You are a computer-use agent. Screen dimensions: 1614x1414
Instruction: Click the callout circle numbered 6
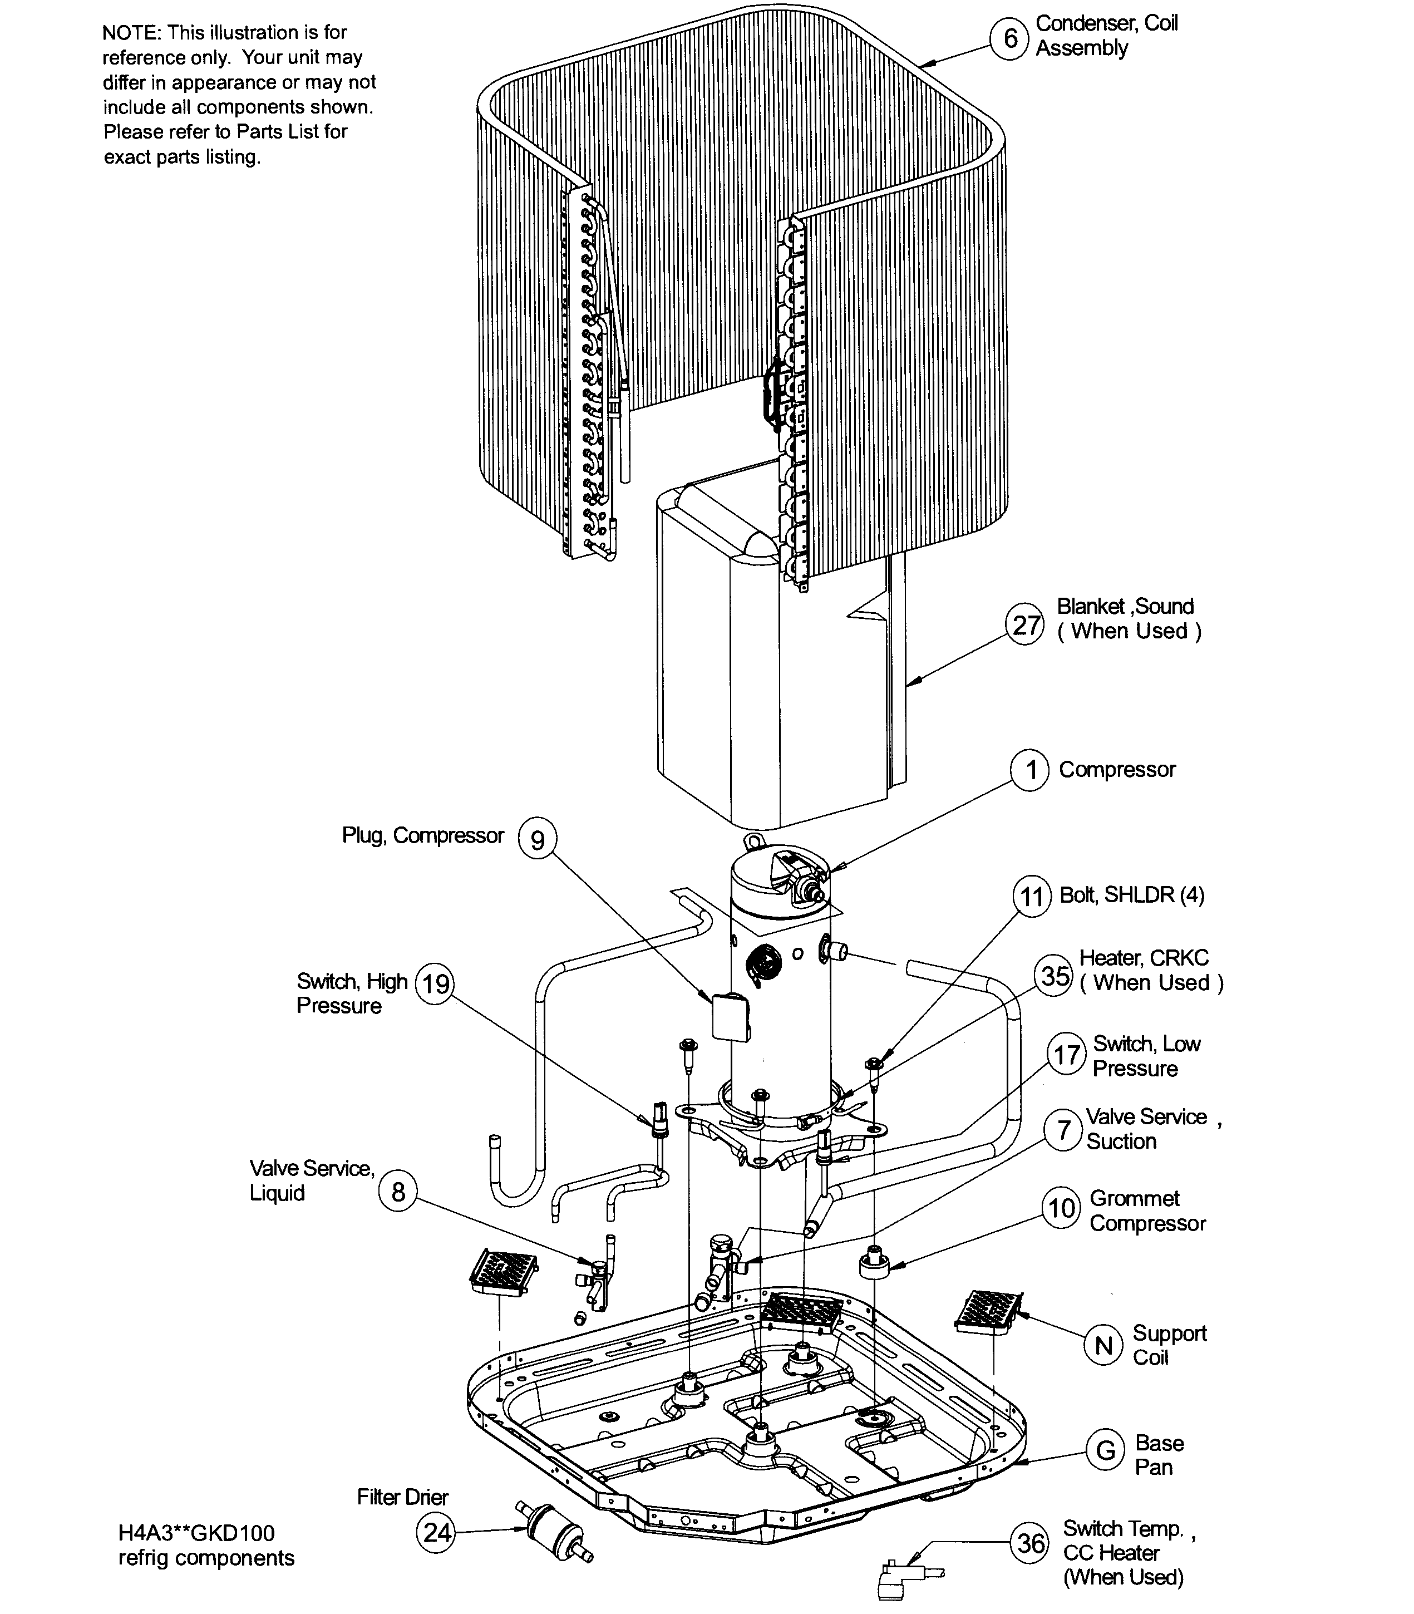(x=1010, y=38)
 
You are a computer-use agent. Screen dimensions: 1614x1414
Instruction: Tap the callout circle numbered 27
(x=1025, y=625)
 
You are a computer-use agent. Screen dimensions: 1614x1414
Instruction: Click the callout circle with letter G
(x=1106, y=1450)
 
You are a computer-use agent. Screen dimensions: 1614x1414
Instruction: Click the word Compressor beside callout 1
(x=1116, y=770)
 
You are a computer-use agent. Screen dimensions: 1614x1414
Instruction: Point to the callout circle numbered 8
(x=398, y=1191)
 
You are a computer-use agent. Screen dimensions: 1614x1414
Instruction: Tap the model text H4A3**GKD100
(x=196, y=1533)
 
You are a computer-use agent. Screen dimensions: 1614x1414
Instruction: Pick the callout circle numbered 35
(x=1055, y=976)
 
